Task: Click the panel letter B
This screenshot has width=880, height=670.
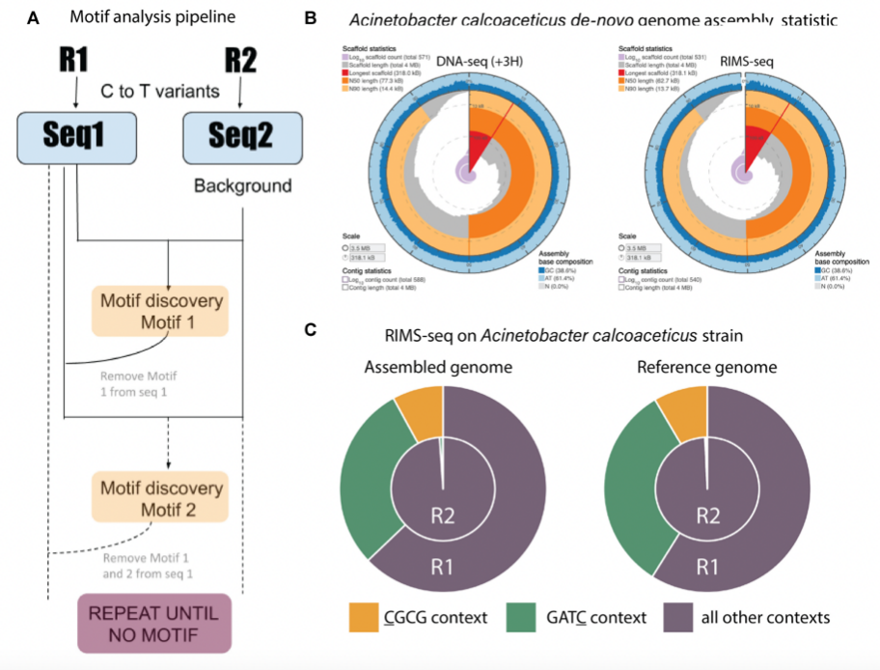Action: [x=311, y=18]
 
